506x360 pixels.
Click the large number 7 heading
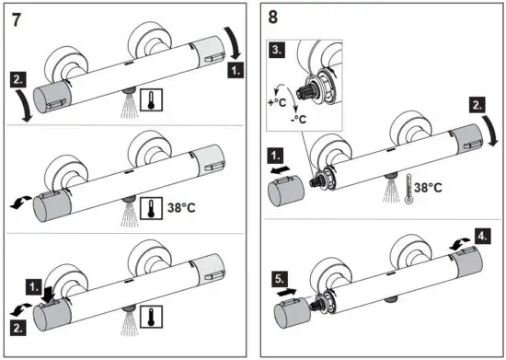coord(17,16)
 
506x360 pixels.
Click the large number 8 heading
coord(272,16)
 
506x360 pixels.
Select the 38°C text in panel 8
coord(429,190)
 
